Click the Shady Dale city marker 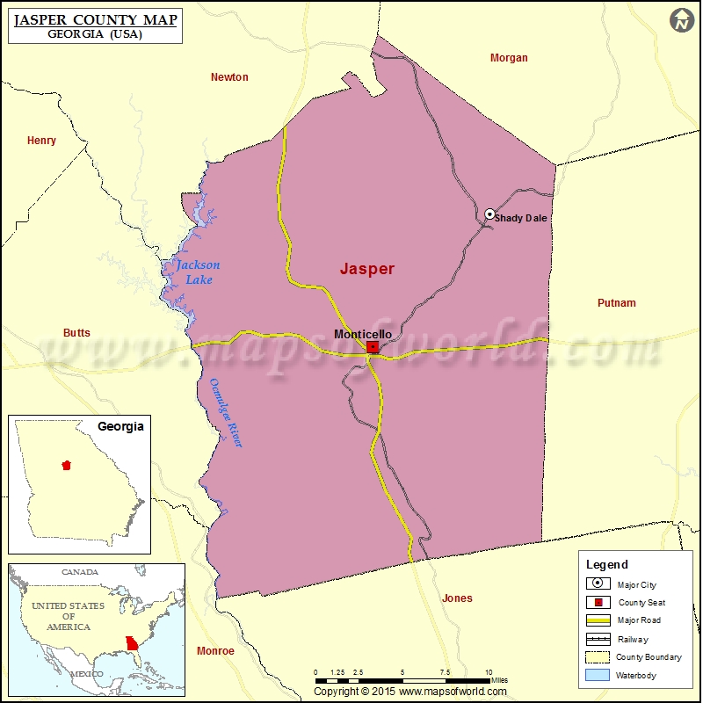pyautogui.click(x=489, y=214)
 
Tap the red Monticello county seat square pyautogui.click(x=373, y=347)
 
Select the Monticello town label pyautogui.click(x=363, y=334)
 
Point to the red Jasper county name pyautogui.click(x=367, y=270)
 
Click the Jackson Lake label pyautogui.click(x=198, y=272)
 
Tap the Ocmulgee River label pyautogui.click(x=225, y=413)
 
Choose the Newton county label pyautogui.click(x=229, y=77)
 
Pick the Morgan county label pyautogui.click(x=509, y=58)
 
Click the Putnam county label pyautogui.click(x=616, y=303)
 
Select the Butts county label pyautogui.click(x=76, y=333)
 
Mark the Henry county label pyautogui.click(x=41, y=141)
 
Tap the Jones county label pyautogui.click(x=457, y=598)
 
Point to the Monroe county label pyautogui.click(x=215, y=651)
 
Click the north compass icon pyautogui.click(x=681, y=21)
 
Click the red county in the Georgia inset pyautogui.click(x=66, y=466)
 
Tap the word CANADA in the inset pyautogui.click(x=80, y=572)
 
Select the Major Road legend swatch pyautogui.click(x=598, y=620)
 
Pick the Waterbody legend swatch pyautogui.click(x=598, y=676)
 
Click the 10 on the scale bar pyautogui.click(x=489, y=672)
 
